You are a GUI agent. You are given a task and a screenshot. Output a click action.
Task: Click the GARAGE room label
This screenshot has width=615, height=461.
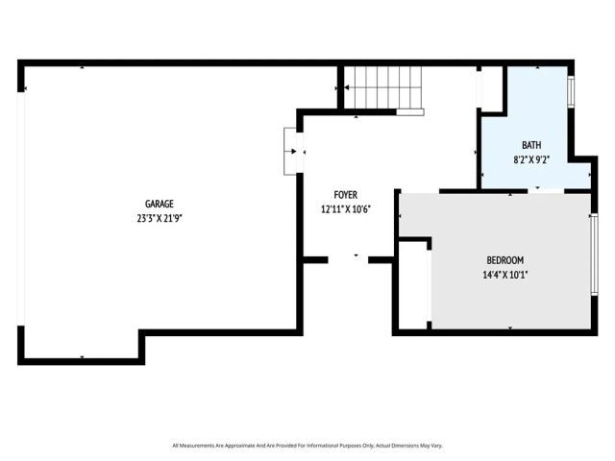click(159, 204)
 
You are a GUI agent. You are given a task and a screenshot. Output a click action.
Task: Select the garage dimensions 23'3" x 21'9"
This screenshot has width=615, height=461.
click(159, 218)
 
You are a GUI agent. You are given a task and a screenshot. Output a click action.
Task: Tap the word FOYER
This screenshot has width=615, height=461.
click(345, 195)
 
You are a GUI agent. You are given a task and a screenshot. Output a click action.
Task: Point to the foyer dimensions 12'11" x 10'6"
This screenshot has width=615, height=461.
click(345, 208)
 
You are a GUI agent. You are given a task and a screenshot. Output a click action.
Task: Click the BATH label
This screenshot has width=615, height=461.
click(531, 145)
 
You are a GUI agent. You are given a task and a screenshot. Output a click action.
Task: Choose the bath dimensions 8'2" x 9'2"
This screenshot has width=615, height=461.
click(531, 158)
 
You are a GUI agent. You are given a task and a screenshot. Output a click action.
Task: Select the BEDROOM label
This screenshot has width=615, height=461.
click(504, 260)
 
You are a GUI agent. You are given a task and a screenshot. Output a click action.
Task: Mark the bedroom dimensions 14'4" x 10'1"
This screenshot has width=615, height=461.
click(504, 275)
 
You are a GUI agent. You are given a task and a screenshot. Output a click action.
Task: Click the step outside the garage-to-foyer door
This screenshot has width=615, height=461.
click(289, 151)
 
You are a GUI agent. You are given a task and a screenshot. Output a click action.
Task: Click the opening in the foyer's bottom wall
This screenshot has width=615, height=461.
click(349, 258)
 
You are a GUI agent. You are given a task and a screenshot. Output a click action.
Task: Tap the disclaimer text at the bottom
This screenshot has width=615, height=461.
click(307, 445)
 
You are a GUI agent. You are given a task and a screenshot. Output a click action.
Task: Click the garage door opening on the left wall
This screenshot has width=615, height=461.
click(21, 207)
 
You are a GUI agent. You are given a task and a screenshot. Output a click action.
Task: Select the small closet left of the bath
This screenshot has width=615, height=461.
click(491, 88)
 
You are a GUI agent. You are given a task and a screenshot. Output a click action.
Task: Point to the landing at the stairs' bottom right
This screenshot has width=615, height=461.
click(410, 111)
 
